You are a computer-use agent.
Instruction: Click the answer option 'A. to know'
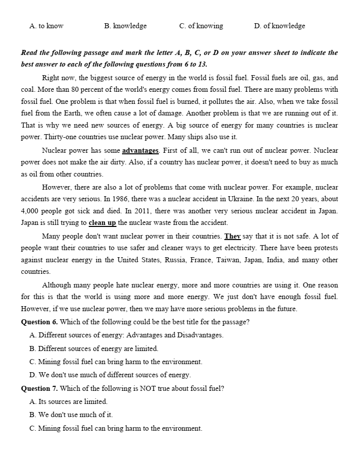pyautogui.click(x=46, y=26)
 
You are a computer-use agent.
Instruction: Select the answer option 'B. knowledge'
pyautogui.click(x=125, y=26)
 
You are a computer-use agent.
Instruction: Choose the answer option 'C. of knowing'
pyautogui.click(x=201, y=26)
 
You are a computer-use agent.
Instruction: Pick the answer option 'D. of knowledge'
pyautogui.click(x=279, y=26)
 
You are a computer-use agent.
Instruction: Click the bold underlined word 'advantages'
pyautogui.click(x=141, y=150)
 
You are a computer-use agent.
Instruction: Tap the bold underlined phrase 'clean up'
pyautogui.click(x=102, y=222)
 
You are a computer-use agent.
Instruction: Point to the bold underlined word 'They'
pyautogui.click(x=232, y=236)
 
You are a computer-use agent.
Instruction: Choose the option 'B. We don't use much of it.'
pyautogui.click(x=71, y=415)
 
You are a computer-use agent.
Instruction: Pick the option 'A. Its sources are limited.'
pyautogui.click(x=69, y=401)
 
